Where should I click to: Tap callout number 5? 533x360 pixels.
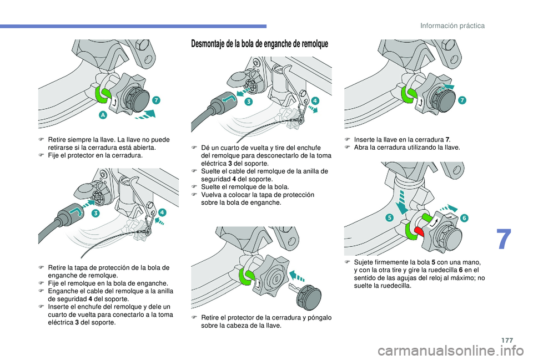[390, 217]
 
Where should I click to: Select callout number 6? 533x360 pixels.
[464, 218]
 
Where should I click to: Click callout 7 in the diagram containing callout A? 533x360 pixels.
[156, 100]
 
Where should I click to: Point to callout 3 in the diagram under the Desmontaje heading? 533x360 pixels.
[249, 102]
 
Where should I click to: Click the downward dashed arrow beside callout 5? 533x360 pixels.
[402, 202]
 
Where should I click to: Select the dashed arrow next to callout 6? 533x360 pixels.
[449, 207]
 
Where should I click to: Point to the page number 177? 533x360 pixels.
[507, 340]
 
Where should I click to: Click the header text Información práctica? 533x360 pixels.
[452, 26]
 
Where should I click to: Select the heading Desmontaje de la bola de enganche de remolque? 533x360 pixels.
[260, 44]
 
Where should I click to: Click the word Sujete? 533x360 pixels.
[363, 262]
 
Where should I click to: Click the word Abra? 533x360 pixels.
[360, 148]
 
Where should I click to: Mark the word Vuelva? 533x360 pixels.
[210, 195]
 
